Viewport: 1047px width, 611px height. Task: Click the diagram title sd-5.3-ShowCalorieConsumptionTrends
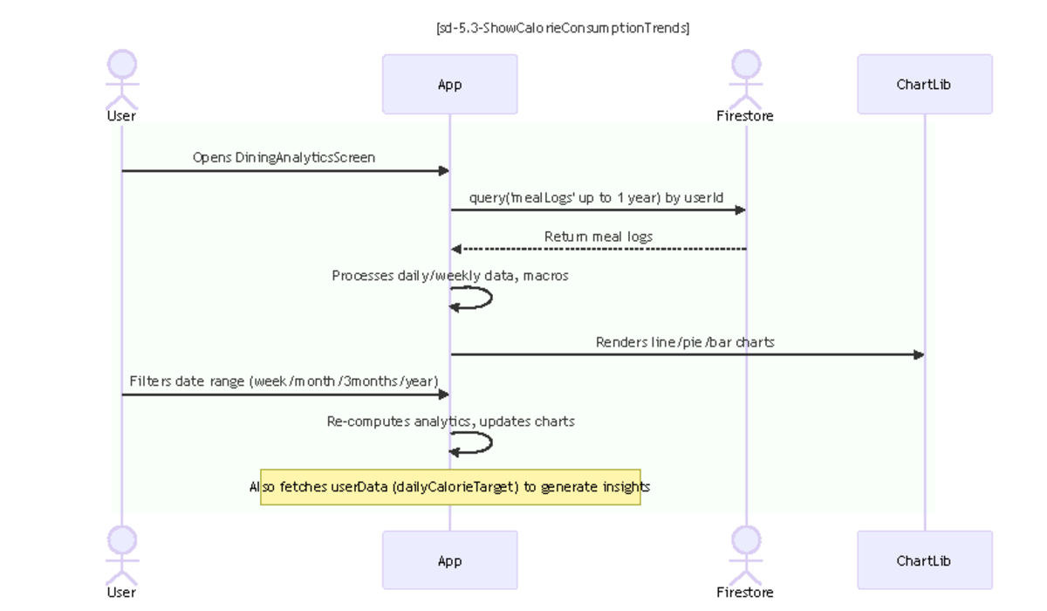563,28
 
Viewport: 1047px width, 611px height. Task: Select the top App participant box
449,85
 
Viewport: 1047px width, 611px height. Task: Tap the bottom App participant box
449,560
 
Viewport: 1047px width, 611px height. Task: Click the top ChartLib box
924,85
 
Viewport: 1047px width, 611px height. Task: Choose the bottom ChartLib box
924,560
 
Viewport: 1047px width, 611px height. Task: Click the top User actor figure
121,79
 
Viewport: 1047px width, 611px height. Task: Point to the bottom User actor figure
121,555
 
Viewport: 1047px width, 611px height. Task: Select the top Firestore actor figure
745,79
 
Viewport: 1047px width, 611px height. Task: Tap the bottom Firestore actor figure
745,555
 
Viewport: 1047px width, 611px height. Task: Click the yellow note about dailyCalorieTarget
450,487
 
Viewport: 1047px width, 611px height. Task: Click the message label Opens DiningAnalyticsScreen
284,158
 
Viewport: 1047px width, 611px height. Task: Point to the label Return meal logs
598,237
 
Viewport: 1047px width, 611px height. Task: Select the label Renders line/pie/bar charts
685,342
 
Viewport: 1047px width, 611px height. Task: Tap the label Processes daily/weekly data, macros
450,276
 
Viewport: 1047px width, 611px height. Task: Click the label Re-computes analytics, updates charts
450,422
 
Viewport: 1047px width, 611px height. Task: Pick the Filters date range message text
284,381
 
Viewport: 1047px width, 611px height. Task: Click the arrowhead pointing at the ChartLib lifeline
918,354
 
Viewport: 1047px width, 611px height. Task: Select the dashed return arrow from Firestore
598,250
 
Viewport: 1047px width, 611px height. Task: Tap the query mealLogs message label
596,197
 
